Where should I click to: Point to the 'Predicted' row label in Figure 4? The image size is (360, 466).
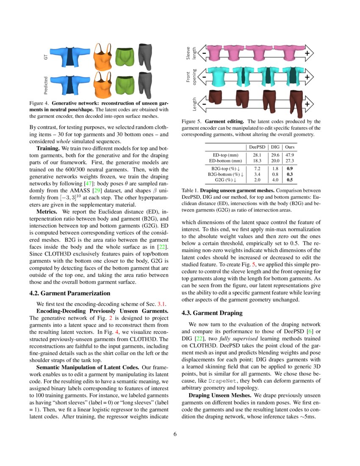coord(46,85)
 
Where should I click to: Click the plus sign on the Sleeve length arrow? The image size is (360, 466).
coord(307,53)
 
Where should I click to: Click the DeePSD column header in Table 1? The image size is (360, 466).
coord(257,147)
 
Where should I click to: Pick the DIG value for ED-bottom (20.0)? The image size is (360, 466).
coord(275,161)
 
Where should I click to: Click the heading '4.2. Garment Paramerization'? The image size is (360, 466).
coord(69,293)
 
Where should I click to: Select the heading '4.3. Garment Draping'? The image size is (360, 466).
coord(212,313)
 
